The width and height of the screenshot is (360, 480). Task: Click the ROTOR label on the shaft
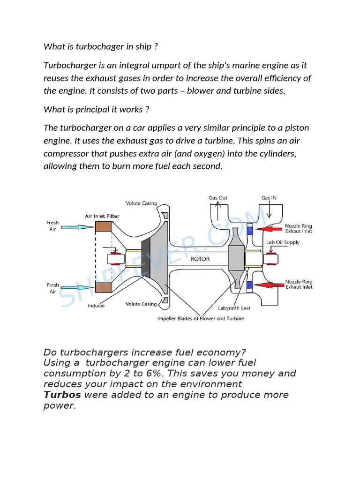[200, 259]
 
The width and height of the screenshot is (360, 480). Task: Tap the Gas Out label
[218, 198]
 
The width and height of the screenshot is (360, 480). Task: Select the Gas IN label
[269, 198]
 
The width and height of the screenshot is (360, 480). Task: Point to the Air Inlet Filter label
[102, 216]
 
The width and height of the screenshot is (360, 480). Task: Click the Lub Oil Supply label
[283, 242]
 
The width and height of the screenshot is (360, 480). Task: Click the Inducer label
[96, 306]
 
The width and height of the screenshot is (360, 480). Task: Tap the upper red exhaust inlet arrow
[269, 229]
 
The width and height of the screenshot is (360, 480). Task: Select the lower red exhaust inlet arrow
[269, 285]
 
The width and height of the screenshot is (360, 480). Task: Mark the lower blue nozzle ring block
[249, 285]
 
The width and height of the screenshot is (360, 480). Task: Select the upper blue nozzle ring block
[249, 229]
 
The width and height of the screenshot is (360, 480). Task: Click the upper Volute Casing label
[141, 203]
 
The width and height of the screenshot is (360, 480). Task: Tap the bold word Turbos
[62, 395]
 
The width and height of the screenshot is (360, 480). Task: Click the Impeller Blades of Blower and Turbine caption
[200, 319]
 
